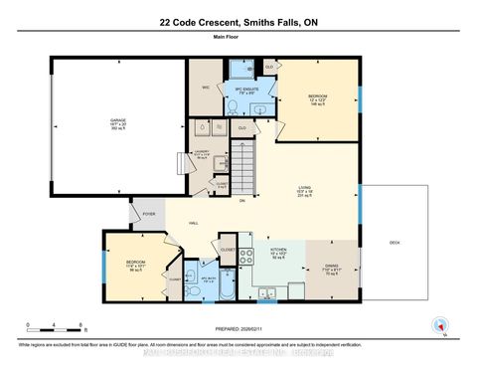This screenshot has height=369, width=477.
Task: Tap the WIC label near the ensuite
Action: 205,87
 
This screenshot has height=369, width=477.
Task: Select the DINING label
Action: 331,267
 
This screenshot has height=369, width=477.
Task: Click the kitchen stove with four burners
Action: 245,256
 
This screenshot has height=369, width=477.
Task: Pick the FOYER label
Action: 149,212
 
